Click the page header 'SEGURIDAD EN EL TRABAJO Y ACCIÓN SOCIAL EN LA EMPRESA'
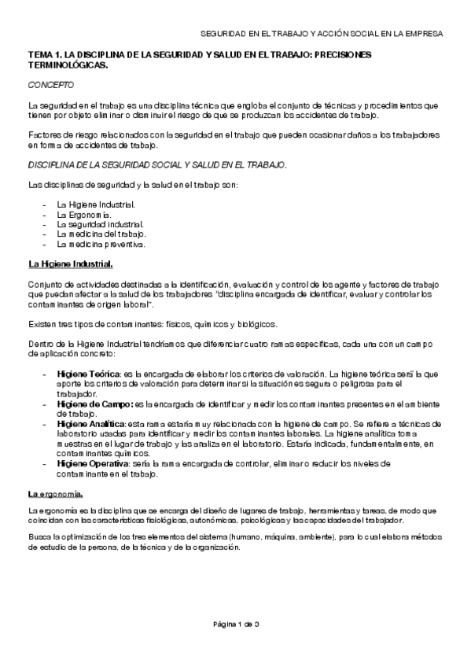pos(322,35)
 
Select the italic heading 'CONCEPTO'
pos(52,84)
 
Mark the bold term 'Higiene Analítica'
pos(90,423)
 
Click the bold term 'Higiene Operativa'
pos(91,464)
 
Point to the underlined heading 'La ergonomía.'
pos(55,493)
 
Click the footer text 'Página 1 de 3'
pos(236,624)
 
